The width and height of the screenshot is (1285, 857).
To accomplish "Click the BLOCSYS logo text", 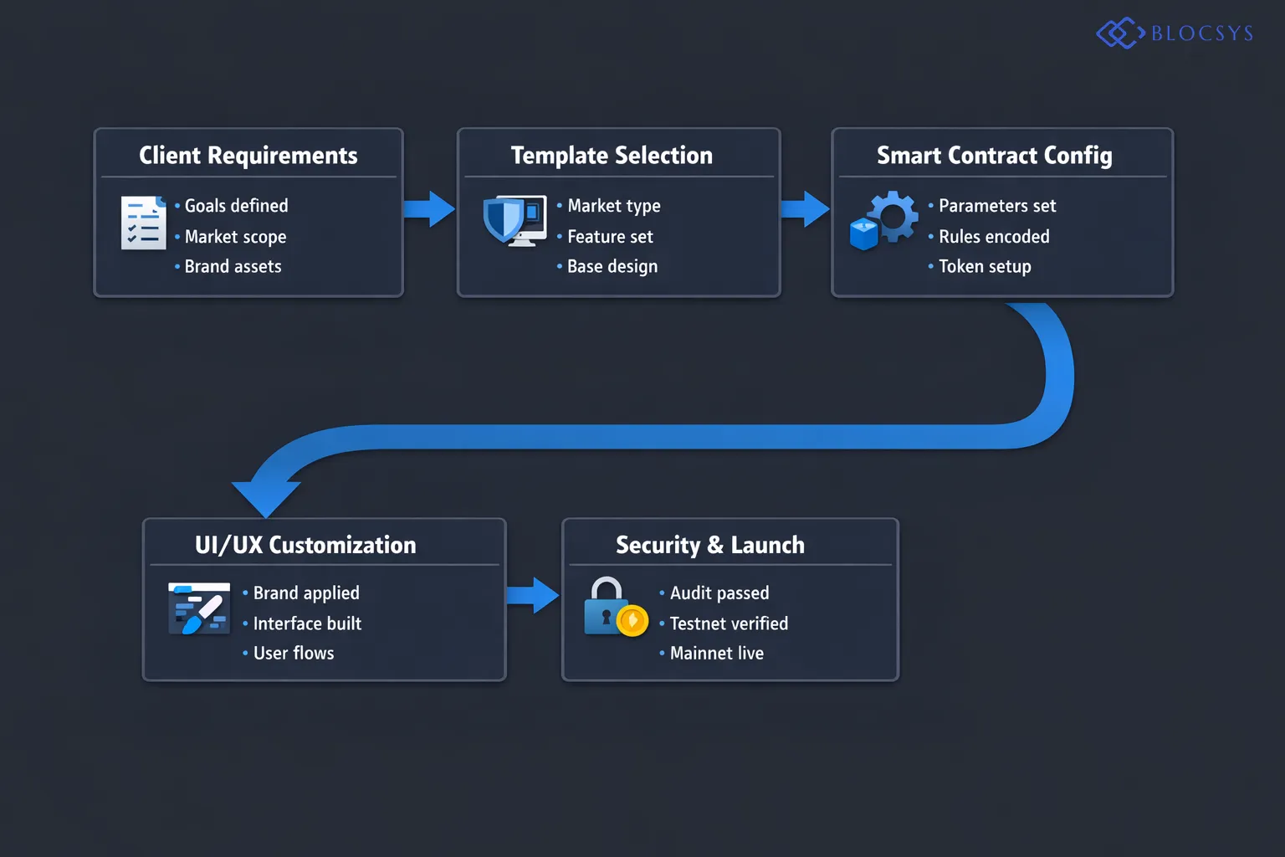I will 1201,33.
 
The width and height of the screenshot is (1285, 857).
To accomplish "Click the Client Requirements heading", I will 248,156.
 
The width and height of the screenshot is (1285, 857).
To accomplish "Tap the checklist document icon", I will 143,223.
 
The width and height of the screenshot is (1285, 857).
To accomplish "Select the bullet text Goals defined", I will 236,206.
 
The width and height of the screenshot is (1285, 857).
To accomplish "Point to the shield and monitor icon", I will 514,220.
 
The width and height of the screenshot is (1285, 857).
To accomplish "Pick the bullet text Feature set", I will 610,237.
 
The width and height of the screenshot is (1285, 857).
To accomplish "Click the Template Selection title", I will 612,156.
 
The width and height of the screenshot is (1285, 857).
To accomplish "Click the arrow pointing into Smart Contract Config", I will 805,209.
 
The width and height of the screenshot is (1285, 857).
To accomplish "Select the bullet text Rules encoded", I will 994,237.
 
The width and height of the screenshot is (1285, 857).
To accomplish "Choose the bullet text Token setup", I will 985,267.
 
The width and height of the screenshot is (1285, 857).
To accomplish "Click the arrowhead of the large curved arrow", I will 266,497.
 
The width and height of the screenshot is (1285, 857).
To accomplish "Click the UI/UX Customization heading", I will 305,546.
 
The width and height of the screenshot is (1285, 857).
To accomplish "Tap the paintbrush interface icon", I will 199,608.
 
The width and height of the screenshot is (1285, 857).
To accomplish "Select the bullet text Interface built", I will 307,624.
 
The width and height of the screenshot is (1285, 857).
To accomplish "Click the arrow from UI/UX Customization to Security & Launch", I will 533,596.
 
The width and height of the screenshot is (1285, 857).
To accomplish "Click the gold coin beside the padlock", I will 632,621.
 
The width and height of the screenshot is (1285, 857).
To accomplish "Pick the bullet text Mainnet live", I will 716,654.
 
